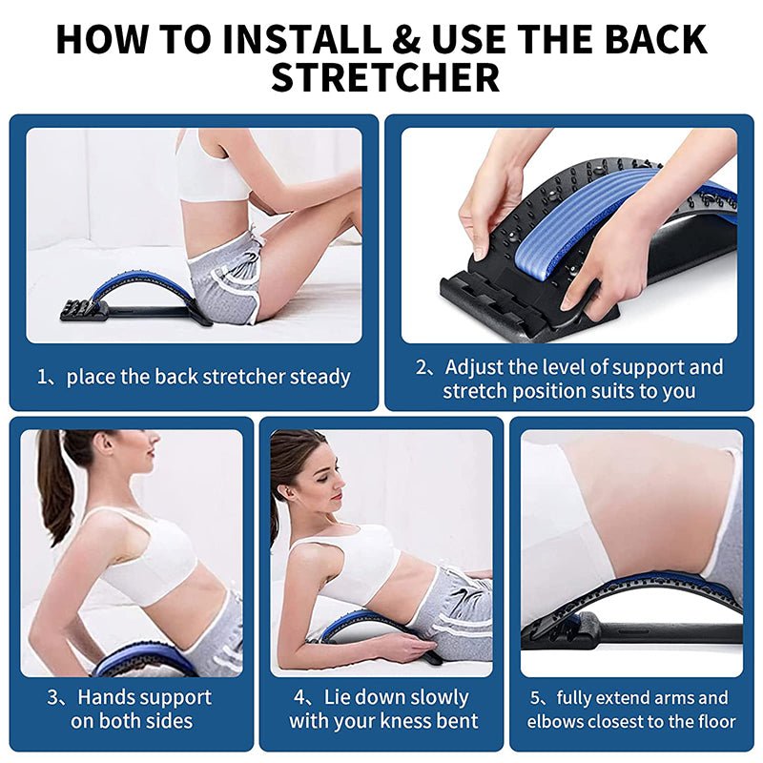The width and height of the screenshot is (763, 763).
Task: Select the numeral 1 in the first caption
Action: pyautogui.click(x=42, y=377)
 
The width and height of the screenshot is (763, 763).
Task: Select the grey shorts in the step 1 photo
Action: pyautogui.click(x=224, y=277)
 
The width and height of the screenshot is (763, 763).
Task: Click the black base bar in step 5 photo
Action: pyautogui.click(x=668, y=632)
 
